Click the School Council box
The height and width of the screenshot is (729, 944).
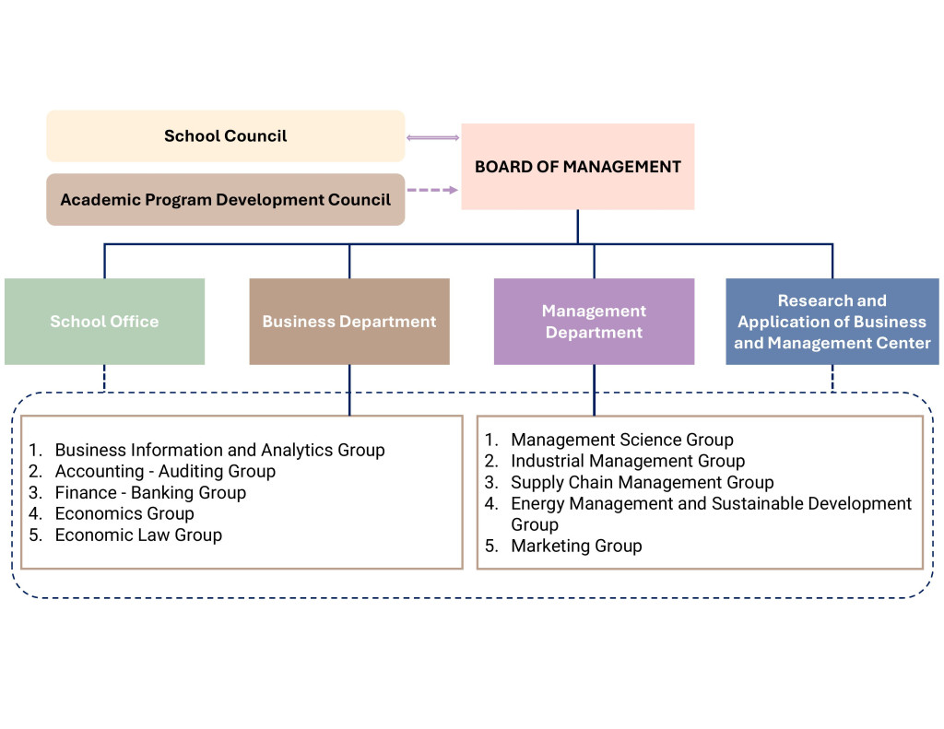[225, 136]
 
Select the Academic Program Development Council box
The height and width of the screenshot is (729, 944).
[225, 200]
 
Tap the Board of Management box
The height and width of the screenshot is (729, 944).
[577, 167]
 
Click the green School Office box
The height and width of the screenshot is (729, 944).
[104, 322]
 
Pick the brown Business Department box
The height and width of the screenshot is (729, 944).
[349, 322]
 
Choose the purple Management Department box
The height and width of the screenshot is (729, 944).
[594, 322]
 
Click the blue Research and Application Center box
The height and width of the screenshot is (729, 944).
[832, 322]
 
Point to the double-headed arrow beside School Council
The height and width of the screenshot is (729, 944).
[432, 138]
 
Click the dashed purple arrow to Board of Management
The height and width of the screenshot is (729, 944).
[432, 190]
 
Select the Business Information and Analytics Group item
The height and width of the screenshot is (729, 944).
[219, 451]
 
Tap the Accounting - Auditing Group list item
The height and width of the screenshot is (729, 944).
[165, 472]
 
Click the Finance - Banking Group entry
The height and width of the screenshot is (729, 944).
[150, 493]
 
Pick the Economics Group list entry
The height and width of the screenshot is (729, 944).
[124, 514]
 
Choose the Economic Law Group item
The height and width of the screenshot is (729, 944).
[138, 535]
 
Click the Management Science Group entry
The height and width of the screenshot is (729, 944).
[622, 441]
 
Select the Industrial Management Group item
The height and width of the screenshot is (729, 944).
[628, 462]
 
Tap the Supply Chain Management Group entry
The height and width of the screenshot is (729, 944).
[643, 483]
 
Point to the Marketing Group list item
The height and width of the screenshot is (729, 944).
[576, 547]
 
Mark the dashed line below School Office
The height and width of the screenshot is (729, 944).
[104, 378]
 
